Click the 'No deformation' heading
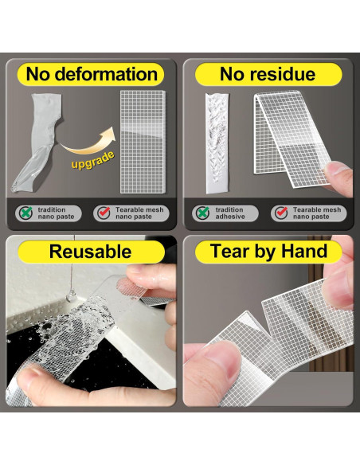(x=92, y=74)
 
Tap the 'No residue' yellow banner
(x=268, y=74)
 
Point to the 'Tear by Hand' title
(x=268, y=252)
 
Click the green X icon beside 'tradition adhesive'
(x=202, y=213)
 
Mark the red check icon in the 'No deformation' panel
(x=104, y=213)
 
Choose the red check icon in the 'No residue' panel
(x=280, y=213)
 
